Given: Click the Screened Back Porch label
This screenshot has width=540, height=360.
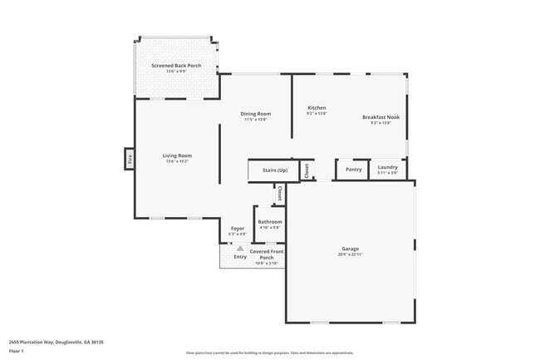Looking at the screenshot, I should point(176,65).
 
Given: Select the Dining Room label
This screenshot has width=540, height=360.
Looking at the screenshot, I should point(256,114).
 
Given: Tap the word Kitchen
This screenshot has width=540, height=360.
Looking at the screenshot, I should point(317,108).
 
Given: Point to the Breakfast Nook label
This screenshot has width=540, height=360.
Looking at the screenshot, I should point(380,117).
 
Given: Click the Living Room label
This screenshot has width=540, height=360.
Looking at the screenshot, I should point(177,155).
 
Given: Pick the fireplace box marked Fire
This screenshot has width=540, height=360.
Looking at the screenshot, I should point(130,158).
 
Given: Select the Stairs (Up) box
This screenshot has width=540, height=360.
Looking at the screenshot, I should point(274,170).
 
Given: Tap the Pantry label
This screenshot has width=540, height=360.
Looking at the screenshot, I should point(354,169).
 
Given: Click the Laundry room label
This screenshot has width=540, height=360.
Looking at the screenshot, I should point(387,168).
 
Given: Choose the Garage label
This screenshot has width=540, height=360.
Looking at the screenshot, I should point(350,249).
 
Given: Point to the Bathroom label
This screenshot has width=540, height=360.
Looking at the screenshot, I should point(270,222).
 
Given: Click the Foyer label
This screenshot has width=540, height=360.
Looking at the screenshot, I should point(238,229).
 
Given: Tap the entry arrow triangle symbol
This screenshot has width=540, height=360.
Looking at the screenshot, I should point(240,248).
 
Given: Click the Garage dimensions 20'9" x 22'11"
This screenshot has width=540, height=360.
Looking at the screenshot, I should point(350,254).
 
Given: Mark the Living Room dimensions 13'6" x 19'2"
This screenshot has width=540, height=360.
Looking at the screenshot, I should point(177,161).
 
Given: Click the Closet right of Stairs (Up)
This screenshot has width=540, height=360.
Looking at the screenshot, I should point(307,170).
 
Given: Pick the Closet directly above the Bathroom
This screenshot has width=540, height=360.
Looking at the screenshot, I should point(280,194).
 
